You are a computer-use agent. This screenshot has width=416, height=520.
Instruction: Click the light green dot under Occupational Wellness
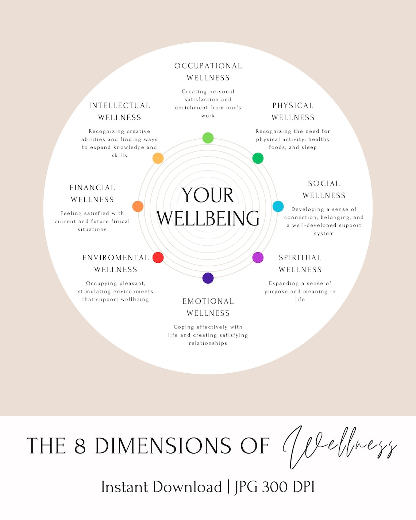(208, 138)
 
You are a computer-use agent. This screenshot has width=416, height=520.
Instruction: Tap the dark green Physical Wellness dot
(258, 158)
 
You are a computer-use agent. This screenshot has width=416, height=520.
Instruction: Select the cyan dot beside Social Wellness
(278, 206)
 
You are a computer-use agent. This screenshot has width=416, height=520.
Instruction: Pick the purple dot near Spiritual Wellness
(258, 257)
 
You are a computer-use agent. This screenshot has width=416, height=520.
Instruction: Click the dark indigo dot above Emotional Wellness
(208, 278)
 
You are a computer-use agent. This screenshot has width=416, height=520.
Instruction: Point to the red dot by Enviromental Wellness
(158, 257)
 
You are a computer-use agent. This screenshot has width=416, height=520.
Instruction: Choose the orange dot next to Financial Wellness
(138, 206)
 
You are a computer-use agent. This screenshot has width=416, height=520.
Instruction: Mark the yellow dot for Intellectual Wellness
(158, 158)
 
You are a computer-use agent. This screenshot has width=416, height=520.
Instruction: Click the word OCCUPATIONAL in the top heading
(208, 66)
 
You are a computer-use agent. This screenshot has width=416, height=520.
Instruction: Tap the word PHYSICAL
(293, 106)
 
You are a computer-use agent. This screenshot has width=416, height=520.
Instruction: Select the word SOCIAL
(324, 184)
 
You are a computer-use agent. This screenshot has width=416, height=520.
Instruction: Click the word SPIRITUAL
(300, 258)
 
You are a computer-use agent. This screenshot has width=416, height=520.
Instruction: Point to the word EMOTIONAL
(208, 301)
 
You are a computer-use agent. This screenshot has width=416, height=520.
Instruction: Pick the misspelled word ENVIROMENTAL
(116, 258)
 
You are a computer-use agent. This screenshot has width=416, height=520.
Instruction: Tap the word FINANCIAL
(92, 188)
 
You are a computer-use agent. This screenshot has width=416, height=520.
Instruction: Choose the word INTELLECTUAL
(120, 106)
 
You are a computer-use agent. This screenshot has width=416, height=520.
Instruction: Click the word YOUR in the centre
(208, 195)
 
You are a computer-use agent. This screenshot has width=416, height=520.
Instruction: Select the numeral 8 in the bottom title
(80, 446)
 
